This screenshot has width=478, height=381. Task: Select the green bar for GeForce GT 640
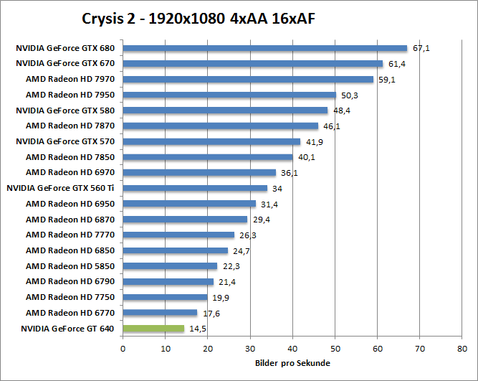[153, 329]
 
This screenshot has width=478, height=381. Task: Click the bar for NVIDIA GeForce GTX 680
[264, 49]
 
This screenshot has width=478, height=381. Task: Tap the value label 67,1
[421, 49]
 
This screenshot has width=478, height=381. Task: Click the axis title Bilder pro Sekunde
[292, 363]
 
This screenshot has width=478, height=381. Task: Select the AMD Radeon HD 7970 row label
[70, 80]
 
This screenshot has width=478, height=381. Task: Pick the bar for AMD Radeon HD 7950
[229, 95]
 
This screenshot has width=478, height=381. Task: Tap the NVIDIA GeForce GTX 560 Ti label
[60, 188]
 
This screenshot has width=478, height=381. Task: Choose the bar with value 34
[195, 189]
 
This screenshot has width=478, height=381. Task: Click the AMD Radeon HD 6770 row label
[70, 313]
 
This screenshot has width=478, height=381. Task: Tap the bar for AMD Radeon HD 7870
[221, 126]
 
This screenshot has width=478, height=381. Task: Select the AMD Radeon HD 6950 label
[70, 204]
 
